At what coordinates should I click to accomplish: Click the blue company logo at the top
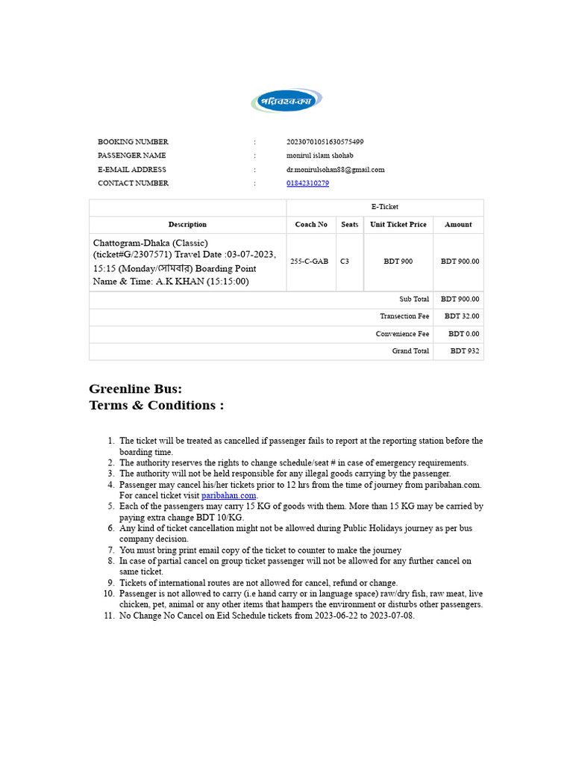click(x=286, y=100)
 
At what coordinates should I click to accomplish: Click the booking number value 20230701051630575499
click(x=325, y=142)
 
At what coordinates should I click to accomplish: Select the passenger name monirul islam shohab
click(x=319, y=155)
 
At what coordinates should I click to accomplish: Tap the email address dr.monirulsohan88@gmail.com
click(x=335, y=170)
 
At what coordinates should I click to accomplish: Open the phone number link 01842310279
click(x=307, y=183)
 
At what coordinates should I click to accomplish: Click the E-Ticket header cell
click(x=385, y=207)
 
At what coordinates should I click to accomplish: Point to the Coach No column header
click(x=311, y=224)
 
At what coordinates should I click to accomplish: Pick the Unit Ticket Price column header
click(x=398, y=224)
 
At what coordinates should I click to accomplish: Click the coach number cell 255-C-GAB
click(x=311, y=261)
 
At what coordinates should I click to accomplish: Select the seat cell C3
click(x=345, y=261)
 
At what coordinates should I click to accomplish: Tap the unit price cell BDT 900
click(x=398, y=261)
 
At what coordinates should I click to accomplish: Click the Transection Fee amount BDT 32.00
click(x=462, y=316)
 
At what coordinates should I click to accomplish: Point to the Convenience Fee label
click(x=402, y=334)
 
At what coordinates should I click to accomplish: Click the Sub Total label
click(x=414, y=299)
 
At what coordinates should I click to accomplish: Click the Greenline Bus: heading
click(x=135, y=388)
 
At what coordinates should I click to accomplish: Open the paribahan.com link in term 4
click(x=229, y=495)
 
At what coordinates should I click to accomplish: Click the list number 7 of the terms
click(x=110, y=550)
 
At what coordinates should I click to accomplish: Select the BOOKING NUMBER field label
click(x=133, y=142)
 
